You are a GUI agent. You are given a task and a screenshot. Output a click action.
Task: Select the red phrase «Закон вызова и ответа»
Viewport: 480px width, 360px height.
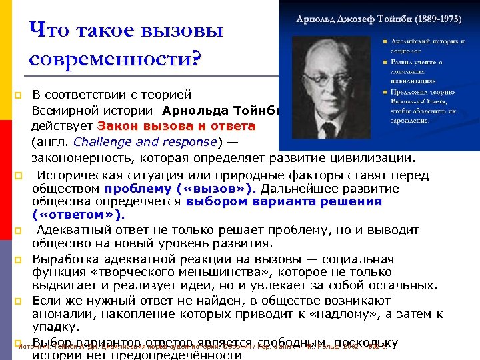176,126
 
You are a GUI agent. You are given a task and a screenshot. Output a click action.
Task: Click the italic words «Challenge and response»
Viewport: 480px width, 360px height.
145,142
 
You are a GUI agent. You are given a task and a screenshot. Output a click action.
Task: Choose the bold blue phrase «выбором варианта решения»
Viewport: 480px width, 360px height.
283,202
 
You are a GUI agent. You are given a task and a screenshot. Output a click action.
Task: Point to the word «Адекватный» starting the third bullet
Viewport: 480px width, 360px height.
72,230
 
